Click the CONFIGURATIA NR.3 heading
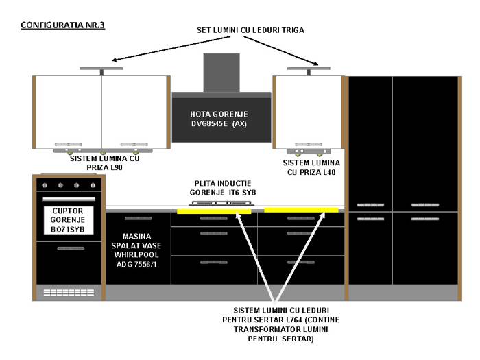(63, 25)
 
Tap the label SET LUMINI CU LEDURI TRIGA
(250, 30)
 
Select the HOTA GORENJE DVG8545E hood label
(219, 119)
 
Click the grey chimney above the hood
(221, 73)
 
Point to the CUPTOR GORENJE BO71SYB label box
(69, 220)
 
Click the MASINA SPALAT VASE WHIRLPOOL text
(136, 250)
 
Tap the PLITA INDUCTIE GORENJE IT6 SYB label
(223, 188)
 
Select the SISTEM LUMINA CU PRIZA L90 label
(105, 163)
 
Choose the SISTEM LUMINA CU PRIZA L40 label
(311, 167)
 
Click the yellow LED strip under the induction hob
(214, 211)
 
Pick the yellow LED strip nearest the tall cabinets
(301, 210)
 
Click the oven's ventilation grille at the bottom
(69, 293)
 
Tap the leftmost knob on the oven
(45, 185)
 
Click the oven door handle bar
(69, 199)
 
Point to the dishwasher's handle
(138, 218)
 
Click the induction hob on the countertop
(221, 203)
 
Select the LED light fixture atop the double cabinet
(101, 71)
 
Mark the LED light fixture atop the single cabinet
(309, 71)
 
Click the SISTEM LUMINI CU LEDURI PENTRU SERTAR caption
(280, 324)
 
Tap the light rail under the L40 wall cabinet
(309, 152)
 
